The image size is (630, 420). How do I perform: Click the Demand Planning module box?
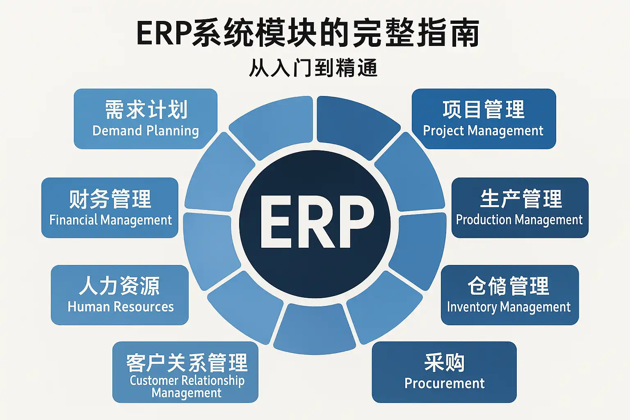(x=146, y=119)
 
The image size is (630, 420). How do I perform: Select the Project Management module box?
(x=484, y=119)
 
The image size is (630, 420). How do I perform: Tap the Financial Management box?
(x=110, y=208)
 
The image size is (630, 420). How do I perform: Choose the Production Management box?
(x=520, y=208)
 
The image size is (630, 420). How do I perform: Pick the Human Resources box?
(x=120, y=295)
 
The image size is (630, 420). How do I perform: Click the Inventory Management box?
(x=509, y=295)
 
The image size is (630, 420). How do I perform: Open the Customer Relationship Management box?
(x=185, y=372)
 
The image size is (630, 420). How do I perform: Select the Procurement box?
(x=444, y=372)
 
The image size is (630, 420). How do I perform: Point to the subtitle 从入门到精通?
(x=313, y=68)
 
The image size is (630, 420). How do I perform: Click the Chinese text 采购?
(x=444, y=363)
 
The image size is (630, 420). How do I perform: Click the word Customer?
(x=154, y=380)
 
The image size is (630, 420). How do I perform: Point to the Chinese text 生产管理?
(x=520, y=199)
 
